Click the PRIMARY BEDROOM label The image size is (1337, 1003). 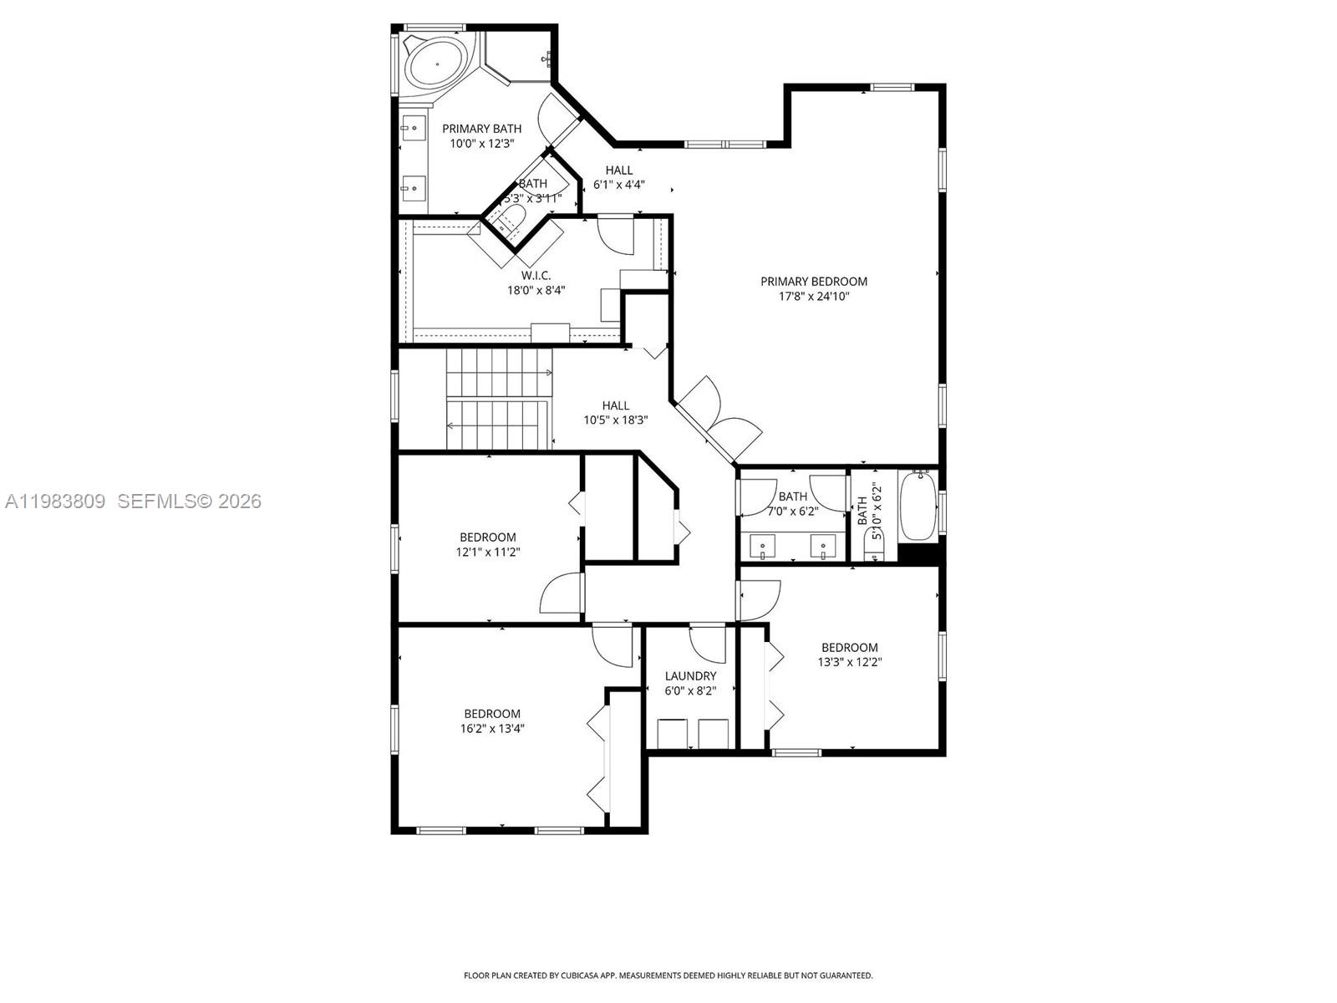[x=813, y=282]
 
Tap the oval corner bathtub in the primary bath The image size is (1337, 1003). [x=436, y=63]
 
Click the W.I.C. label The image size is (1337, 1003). [x=536, y=276]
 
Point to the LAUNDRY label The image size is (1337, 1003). [x=690, y=676]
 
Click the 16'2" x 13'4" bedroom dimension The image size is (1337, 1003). [x=492, y=728]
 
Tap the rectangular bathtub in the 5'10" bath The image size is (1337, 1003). [x=918, y=506]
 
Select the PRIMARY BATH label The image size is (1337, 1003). [x=481, y=129]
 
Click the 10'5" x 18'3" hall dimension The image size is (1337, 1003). [x=615, y=420]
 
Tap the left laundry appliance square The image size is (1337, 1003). [x=673, y=734]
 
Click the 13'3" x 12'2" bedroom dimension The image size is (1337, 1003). [x=849, y=662]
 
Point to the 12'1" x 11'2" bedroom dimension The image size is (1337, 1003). [x=487, y=552]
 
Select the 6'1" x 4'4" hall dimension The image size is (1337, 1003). [x=618, y=185]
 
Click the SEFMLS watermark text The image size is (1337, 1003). [x=189, y=501]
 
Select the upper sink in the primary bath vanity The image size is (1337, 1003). [x=412, y=128]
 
